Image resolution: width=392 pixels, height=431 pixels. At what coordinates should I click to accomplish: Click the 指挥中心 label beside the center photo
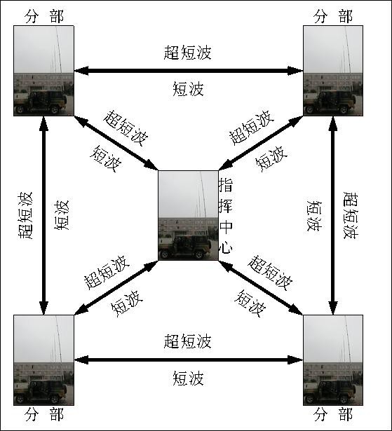pos(226,216)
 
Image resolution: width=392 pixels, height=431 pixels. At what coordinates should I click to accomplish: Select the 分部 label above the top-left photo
pos(44,16)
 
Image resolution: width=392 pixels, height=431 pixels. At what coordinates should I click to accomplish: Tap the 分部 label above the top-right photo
pos(333,16)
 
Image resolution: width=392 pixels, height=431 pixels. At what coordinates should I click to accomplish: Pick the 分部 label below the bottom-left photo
pos(44,414)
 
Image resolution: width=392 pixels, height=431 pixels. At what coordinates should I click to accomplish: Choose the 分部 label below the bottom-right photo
pos(333,414)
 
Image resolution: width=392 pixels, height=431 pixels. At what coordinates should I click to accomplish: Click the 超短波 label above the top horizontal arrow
pos(188,53)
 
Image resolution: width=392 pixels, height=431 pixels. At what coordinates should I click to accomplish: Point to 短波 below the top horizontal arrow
pos(188,89)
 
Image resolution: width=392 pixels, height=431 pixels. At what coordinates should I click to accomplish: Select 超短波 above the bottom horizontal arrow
pos(188,341)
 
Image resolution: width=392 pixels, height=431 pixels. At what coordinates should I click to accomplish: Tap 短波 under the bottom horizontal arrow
pos(188,378)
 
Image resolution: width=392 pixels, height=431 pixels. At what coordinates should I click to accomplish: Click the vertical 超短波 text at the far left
pos(25,215)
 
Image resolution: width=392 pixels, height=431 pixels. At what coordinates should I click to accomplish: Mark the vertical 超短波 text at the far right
pos(351,215)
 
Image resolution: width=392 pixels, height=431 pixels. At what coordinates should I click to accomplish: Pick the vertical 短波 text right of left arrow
pos(61,215)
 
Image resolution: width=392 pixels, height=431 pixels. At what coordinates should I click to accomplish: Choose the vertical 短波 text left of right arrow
pos(314,216)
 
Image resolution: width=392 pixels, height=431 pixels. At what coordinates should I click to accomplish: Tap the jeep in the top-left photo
pos(41,102)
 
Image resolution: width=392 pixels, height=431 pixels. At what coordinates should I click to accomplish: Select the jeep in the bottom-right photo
pos(330,392)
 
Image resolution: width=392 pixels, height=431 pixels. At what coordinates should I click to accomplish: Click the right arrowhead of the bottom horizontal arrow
pos(295,360)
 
